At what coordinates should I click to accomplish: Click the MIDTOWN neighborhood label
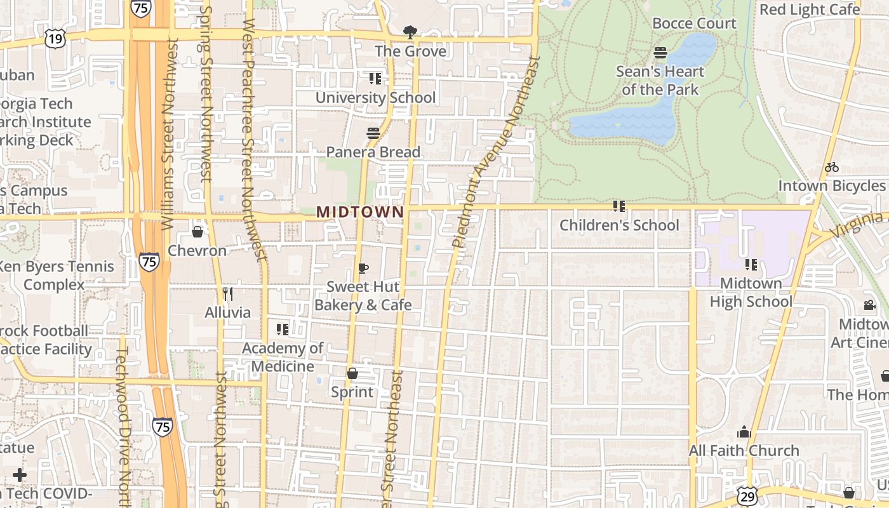(x=360, y=212)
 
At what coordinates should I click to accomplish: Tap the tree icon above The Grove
(x=410, y=32)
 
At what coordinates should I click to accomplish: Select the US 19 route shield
(x=55, y=39)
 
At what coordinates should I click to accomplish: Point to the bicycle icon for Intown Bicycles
(x=831, y=167)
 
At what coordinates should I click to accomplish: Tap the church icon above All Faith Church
(x=744, y=432)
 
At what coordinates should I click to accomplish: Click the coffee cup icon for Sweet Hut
(x=363, y=268)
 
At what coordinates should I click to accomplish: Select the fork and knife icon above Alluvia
(x=228, y=293)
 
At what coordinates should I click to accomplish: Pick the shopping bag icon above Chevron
(x=197, y=232)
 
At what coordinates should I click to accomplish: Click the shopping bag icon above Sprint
(x=352, y=373)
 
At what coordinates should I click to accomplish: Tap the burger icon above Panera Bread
(x=373, y=133)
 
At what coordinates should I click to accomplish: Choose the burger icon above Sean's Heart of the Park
(x=660, y=53)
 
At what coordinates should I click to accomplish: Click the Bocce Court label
(x=694, y=23)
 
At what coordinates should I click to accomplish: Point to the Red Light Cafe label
(x=810, y=10)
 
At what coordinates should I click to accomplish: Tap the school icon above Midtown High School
(x=751, y=265)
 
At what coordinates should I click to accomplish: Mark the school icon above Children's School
(x=618, y=206)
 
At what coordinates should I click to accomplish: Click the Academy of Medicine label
(x=283, y=357)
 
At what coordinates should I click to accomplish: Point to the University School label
(x=375, y=97)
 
